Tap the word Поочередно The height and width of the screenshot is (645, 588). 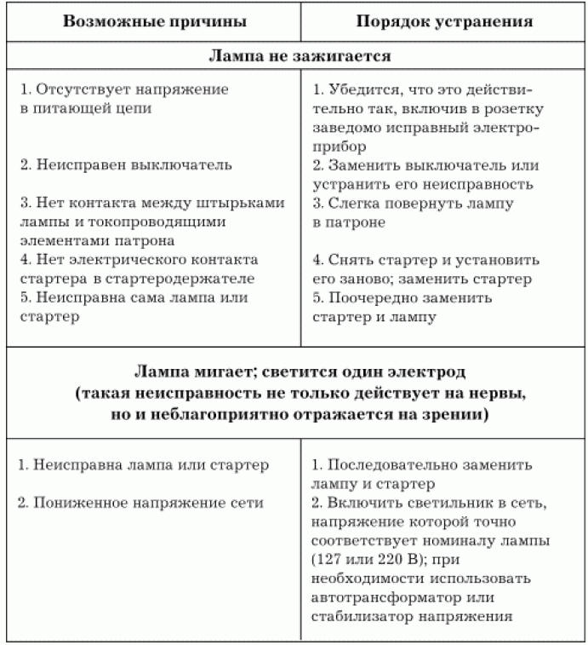tap(370, 298)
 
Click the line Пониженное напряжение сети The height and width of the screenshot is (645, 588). tap(140, 503)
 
